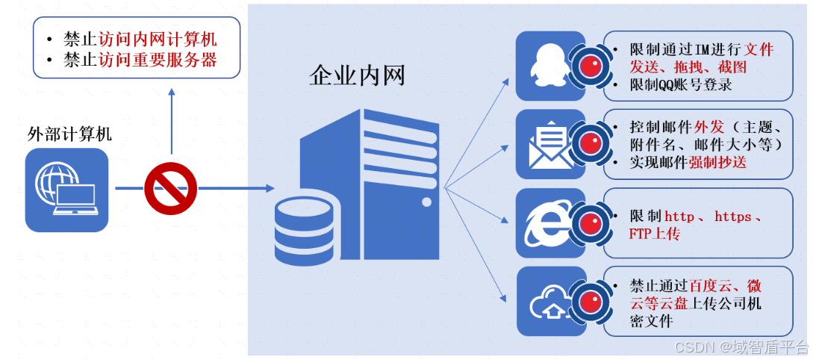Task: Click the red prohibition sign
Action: (x=170, y=188)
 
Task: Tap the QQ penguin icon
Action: (x=550, y=66)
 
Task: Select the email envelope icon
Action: (x=550, y=144)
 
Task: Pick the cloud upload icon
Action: (x=550, y=301)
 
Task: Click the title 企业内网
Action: (x=357, y=76)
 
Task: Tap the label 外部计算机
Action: (x=69, y=134)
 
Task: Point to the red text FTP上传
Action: (x=655, y=234)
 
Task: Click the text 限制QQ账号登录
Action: (x=681, y=85)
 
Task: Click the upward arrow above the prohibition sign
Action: (x=171, y=93)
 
